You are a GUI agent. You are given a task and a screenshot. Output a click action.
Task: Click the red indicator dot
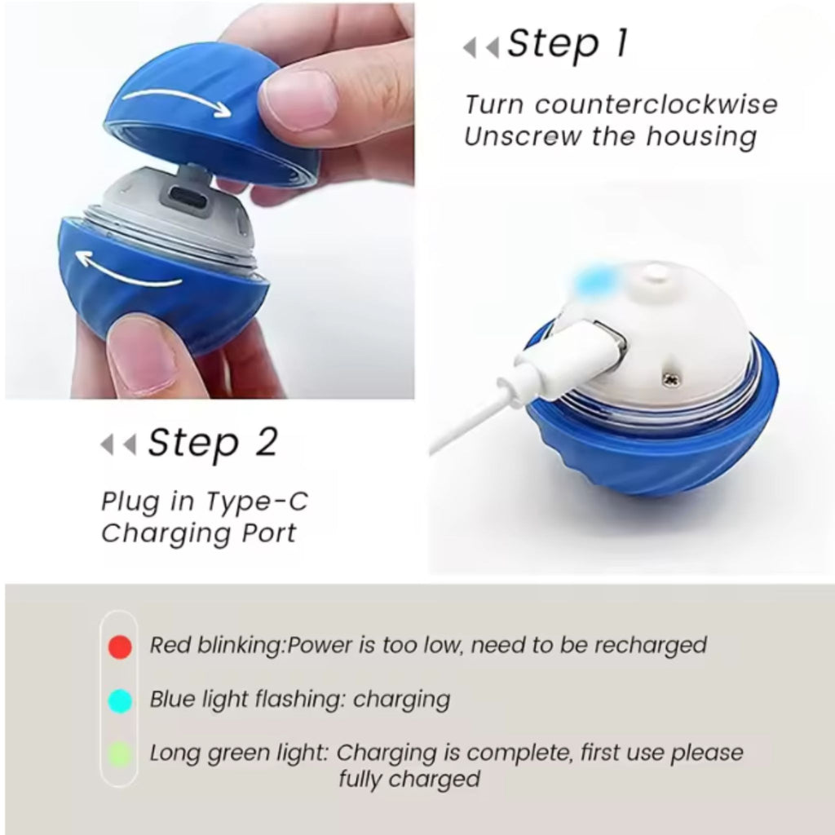click(120, 647)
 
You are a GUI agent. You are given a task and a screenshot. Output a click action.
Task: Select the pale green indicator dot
click(120, 754)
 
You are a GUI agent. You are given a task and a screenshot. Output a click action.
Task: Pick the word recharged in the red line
click(649, 646)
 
